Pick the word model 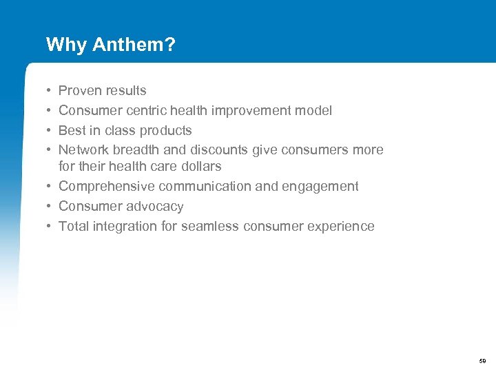(x=314, y=110)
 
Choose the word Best (x=72, y=130)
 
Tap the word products (x=165, y=130)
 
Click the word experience (x=340, y=226)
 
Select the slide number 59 (x=482, y=361)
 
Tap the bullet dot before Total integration (x=49, y=227)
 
